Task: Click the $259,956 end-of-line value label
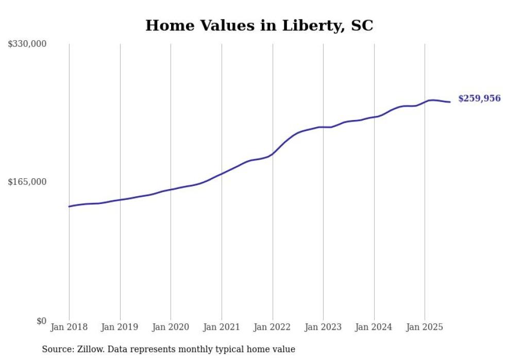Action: point(479,98)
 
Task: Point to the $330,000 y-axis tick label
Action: point(27,44)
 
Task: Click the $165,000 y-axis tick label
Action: point(27,182)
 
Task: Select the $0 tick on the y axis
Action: point(41,321)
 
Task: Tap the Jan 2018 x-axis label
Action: point(69,327)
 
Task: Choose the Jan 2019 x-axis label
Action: point(120,327)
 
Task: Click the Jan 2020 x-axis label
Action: point(171,327)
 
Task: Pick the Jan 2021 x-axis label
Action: point(222,327)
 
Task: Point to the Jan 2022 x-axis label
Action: point(273,327)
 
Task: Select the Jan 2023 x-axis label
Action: point(323,327)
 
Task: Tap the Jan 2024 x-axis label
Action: point(374,327)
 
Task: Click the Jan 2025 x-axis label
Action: point(425,327)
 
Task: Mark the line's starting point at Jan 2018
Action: point(69,207)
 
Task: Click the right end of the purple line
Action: point(450,102)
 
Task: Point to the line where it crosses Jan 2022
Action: point(273,153)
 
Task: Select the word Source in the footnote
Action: point(57,349)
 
